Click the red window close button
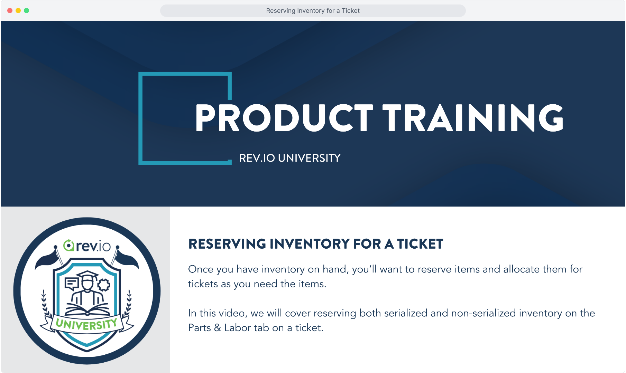10,11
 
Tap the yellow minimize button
18,11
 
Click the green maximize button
27,11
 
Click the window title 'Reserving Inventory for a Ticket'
313,11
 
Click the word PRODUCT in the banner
284,118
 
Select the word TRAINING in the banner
473,118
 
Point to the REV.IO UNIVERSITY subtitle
290,158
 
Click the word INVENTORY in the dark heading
310,244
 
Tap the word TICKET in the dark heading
420,244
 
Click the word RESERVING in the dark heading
227,244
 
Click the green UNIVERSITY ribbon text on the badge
86,324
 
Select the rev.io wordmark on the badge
87,246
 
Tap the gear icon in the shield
104,285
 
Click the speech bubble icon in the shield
72,284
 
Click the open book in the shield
87,309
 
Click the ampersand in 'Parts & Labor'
218,328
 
